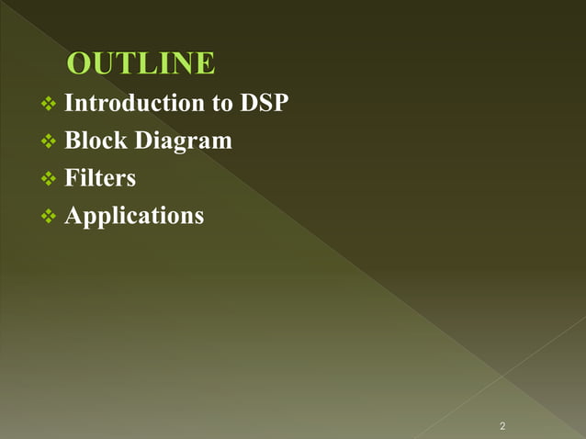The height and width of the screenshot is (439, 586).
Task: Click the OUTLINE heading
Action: point(141,64)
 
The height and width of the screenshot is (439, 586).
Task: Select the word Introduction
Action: point(135,103)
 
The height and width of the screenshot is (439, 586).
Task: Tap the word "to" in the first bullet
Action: point(222,103)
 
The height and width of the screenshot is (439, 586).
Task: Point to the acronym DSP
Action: point(265,103)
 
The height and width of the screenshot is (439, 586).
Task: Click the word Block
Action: point(96,141)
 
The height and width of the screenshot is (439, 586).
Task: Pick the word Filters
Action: point(100,177)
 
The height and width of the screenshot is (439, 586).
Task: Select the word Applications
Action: point(134,217)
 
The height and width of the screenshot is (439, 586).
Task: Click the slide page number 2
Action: point(502,426)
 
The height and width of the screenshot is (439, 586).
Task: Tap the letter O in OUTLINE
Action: point(81,64)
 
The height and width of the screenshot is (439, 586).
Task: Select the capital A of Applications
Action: point(73,215)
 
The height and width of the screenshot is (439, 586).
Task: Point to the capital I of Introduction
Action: point(69,103)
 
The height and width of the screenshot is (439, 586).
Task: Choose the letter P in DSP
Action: point(281,103)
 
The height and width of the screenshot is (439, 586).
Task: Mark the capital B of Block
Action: point(73,141)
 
